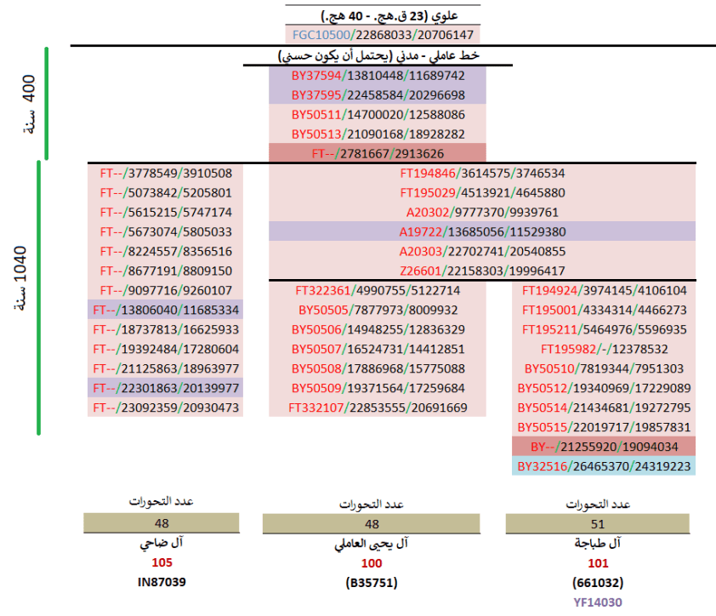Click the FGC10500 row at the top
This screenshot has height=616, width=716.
tap(382, 35)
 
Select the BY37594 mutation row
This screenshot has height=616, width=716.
tap(378, 75)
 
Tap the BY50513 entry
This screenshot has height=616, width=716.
tap(378, 134)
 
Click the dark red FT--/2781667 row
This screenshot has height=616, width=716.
tap(378, 154)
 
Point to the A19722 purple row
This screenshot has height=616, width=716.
tap(482, 231)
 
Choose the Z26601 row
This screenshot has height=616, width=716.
tap(482, 271)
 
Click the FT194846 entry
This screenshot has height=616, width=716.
tap(482, 173)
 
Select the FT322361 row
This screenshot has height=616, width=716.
tap(378, 290)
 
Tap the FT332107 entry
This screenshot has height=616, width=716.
tap(378, 408)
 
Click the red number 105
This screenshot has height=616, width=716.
tap(162, 562)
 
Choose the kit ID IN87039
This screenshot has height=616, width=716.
tap(162, 583)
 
